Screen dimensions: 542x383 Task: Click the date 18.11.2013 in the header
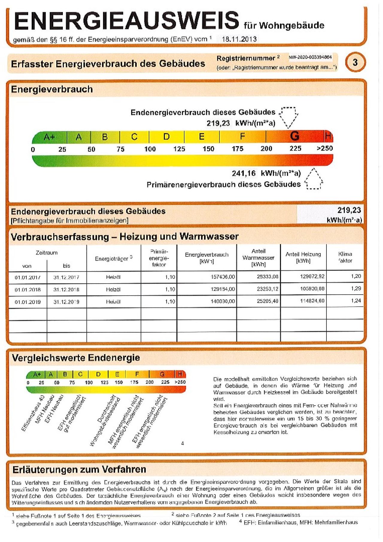tap(239, 39)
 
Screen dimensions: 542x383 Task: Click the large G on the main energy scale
tap(294, 136)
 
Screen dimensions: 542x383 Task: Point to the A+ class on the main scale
tap(49, 137)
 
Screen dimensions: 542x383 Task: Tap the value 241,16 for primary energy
tap(244, 173)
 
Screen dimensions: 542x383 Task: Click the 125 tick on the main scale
tap(179, 149)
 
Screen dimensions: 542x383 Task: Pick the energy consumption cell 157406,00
tap(223, 277)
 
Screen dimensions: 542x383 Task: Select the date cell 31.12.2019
tap(66, 302)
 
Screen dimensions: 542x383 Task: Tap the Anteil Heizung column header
tap(303, 258)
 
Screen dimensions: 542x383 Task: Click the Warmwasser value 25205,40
tap(268, 301)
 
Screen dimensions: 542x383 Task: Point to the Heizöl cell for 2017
tap(113, 277)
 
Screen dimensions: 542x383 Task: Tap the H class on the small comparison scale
tap(180, 374)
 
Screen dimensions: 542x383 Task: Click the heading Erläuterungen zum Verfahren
tap(79, 469)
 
